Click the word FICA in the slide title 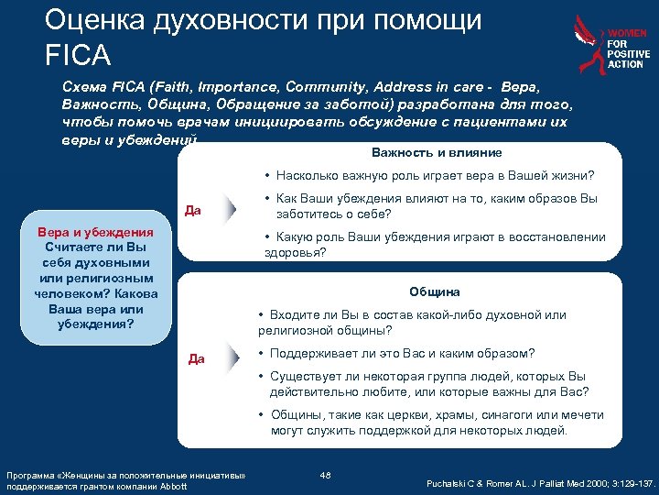(77, 55)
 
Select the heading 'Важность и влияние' (437, 152)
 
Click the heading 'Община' (435, 291)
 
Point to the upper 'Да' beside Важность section (193, 211)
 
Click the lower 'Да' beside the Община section (196, 358)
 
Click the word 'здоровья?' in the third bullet (292, 252)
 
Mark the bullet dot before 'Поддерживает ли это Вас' (262, 354)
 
